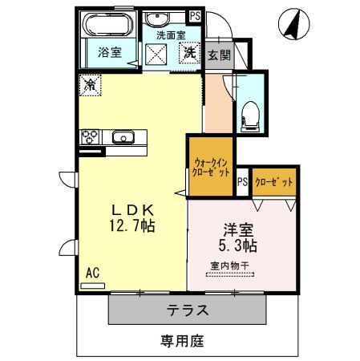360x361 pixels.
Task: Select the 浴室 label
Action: [109, 53]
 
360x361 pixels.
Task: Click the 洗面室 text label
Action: [170, 35]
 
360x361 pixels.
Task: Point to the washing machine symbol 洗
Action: [189, 54]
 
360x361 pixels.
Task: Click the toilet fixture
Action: [251, 113]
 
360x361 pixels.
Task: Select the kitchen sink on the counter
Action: [122, 136]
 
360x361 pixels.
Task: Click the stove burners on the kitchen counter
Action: [90, 136]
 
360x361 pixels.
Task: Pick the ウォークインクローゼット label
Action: [211, 167]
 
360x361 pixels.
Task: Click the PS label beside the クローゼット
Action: [242, 182]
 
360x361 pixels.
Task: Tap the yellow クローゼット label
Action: [274, 182]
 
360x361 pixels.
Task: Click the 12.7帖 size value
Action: [131, 227]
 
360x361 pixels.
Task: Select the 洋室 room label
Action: [233, 227]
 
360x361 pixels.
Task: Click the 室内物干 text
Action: [233, 265]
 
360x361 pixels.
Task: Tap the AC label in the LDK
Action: [92, 274]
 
